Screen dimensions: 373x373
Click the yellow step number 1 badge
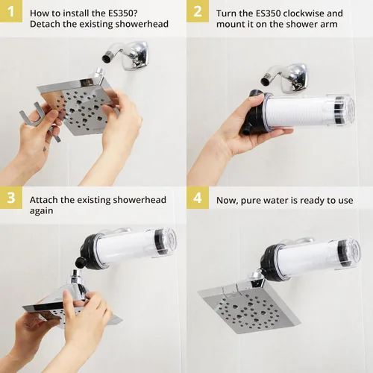click(11, 11)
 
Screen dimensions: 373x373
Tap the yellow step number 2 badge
click(198, 11)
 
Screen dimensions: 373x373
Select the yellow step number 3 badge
click(11, 198)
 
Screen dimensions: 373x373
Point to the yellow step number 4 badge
click(198, 198)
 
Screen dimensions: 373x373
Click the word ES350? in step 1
click(122, 13)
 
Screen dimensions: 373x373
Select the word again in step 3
click(42, 211)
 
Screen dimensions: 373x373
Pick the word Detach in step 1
click(44, 24)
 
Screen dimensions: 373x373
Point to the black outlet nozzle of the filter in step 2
click(246, 130)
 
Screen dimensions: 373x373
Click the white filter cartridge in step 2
click(301, 111)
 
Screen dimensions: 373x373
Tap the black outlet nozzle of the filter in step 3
click(80, 262)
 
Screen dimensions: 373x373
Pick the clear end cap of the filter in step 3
click(166, 241)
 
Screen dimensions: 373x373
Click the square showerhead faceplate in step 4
click(248, 307)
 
